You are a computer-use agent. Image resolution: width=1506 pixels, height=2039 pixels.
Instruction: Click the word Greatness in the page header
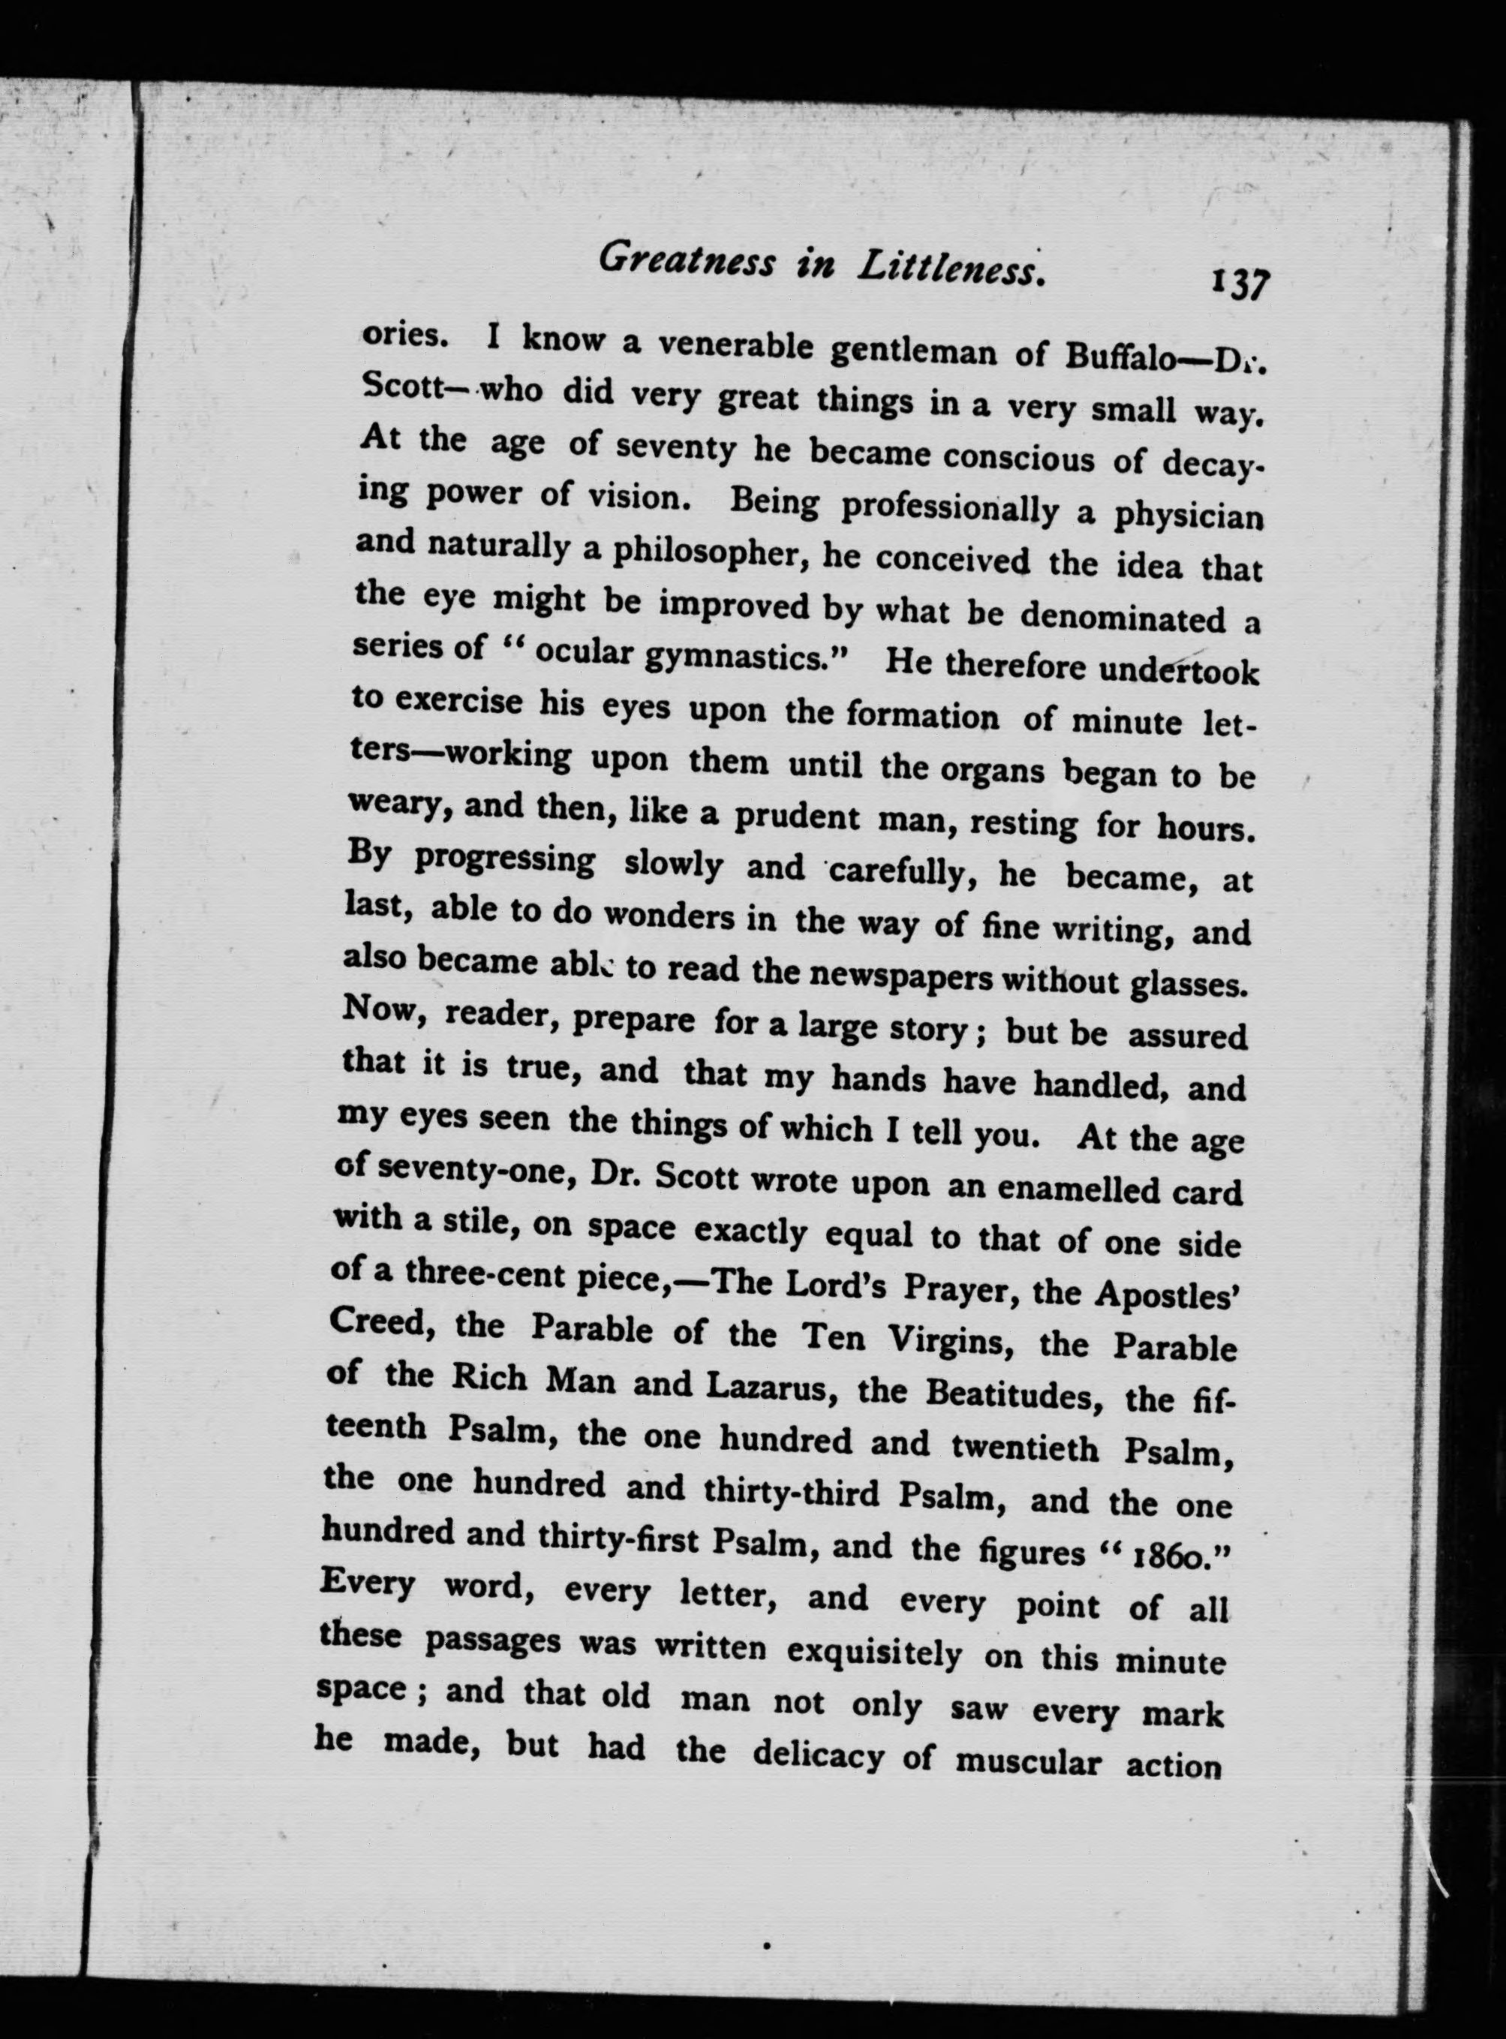(x=687, y=262)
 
